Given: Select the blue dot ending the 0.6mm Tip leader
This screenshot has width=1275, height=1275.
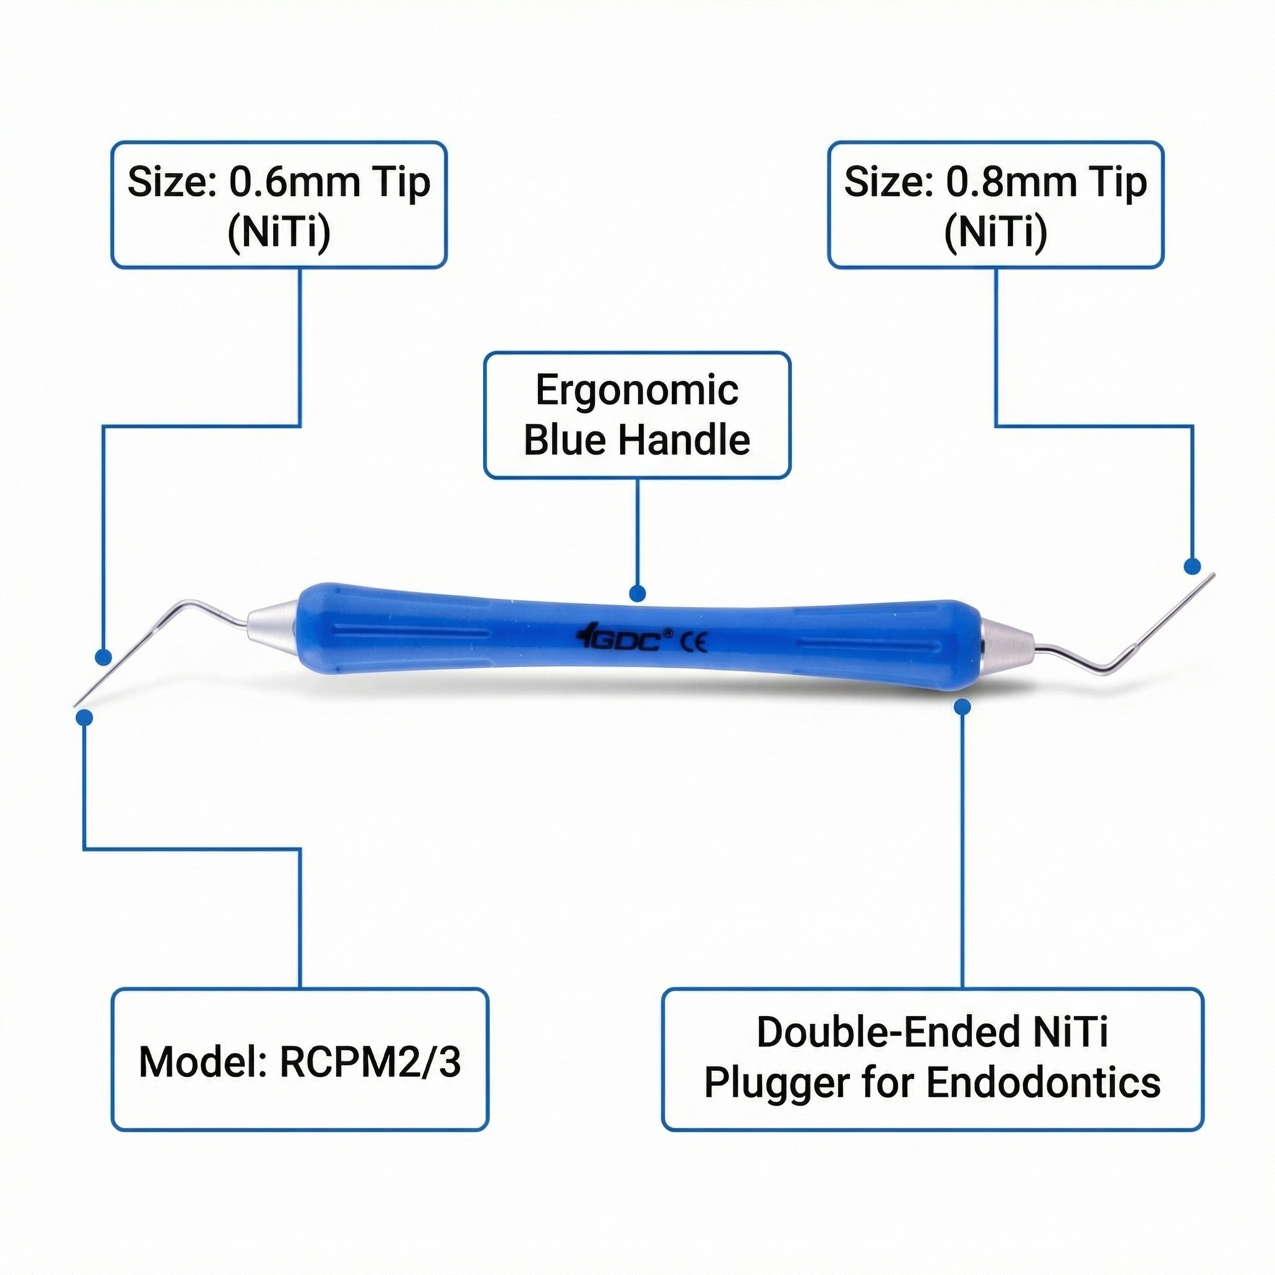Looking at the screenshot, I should [102, 657].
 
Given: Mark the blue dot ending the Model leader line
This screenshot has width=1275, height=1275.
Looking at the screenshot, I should [84, 717].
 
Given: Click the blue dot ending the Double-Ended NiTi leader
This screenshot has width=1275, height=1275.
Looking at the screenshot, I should [962, 707].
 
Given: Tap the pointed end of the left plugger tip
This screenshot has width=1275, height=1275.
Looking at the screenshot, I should [75, 705].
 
